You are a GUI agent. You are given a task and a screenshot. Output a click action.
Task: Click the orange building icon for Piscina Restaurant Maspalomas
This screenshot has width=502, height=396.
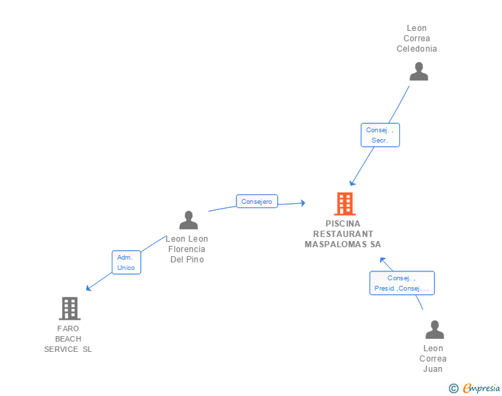coord(344,204)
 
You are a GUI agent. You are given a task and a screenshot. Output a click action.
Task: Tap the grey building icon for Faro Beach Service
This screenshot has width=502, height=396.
coord(69,309)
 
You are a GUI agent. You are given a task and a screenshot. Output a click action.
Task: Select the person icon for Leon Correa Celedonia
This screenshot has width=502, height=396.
coord(419,72)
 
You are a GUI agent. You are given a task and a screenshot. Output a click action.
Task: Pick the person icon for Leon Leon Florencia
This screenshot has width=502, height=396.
coord(188,220)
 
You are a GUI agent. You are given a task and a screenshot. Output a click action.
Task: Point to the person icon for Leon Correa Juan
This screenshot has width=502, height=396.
coord(434,330)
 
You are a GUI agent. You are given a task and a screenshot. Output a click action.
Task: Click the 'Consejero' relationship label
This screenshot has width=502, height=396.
coord(257,202)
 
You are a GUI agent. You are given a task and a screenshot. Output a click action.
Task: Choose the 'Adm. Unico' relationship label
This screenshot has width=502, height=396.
coord(126,262)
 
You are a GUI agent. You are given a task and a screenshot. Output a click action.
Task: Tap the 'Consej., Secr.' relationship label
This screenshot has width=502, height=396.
coord(380,135)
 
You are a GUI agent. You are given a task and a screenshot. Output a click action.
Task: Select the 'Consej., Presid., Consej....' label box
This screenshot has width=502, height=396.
coord(401,283)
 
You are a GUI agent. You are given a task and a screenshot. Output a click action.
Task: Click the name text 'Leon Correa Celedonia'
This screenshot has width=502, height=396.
coord(416,39)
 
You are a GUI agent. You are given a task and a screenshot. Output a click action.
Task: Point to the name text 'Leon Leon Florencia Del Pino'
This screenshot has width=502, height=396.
coord(187,249)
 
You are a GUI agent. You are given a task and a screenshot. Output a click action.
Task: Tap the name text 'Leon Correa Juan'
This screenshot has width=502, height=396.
coord(433,358)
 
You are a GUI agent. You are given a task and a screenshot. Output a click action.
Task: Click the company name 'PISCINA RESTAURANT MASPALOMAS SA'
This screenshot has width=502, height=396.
coord(343,234)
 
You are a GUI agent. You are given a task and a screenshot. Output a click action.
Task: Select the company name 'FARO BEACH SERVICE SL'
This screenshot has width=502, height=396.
coord(68,339)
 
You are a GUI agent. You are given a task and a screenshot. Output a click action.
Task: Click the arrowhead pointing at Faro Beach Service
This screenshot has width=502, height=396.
coord(88,289)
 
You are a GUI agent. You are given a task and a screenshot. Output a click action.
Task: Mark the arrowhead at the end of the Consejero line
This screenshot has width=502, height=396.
coord(302,203)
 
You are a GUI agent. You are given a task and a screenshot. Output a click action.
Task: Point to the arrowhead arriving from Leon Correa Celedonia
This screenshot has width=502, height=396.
coord(352,183)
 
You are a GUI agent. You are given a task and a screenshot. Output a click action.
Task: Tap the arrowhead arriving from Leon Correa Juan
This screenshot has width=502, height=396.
coord(382,260)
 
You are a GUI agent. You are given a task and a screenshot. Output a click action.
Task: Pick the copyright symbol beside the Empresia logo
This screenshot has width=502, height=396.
coord(453,388)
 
